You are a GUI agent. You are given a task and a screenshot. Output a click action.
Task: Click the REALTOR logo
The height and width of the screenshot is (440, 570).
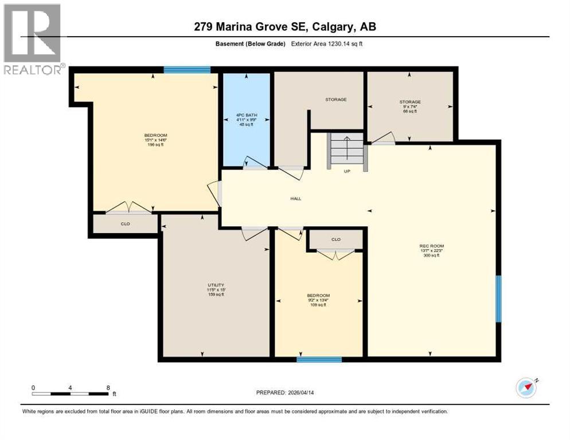33,39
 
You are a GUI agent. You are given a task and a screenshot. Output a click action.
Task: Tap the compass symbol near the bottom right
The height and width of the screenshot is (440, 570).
526,387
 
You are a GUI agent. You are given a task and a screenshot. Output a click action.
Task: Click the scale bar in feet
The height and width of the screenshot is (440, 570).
71,394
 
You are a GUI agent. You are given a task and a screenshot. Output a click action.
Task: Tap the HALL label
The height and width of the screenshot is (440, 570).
295,199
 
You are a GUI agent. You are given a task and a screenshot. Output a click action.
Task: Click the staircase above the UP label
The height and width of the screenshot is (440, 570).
346,150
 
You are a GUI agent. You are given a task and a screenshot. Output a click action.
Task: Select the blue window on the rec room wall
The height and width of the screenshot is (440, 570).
498,298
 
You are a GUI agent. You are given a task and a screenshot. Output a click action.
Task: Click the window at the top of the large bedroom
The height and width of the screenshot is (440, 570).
187,70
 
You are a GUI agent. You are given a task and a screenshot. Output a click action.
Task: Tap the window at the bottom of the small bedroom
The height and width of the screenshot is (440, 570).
319,359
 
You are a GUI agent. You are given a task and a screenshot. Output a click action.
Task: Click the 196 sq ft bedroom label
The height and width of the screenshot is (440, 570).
155,140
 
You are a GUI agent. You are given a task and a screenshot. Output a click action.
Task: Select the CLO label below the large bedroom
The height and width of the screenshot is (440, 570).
125,224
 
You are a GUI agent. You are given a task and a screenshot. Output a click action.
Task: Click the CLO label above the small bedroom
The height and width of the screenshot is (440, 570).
335,239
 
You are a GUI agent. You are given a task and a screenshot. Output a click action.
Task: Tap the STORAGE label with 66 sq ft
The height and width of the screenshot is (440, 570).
410,107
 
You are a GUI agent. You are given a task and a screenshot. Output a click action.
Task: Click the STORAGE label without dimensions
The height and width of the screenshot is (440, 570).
335,100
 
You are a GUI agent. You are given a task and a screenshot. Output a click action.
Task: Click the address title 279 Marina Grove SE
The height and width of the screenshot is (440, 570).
285,26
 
